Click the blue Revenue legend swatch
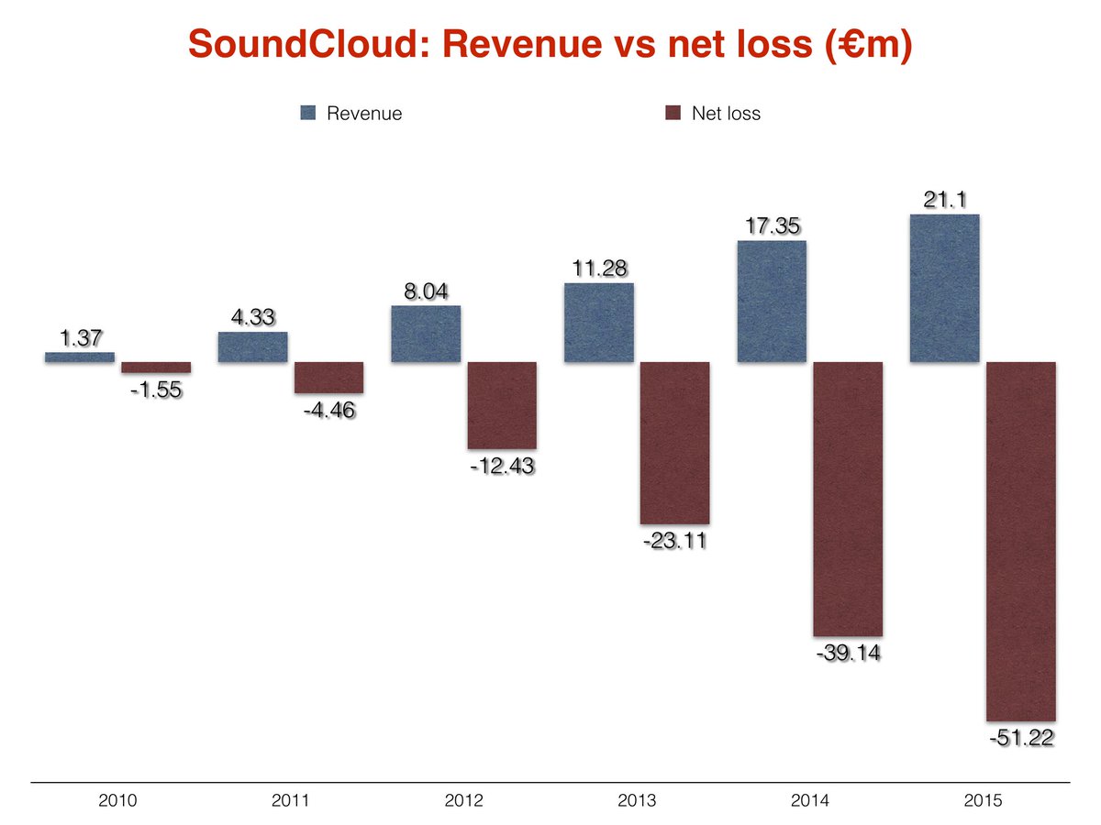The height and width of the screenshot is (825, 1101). point(308,114)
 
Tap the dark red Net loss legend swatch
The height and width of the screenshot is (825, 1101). point(673,114)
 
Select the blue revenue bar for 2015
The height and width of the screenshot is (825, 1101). point(944,289)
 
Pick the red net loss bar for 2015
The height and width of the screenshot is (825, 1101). point(1020,541)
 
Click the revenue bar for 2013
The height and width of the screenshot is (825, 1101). point(598,323)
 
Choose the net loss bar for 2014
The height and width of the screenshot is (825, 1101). point(848,499)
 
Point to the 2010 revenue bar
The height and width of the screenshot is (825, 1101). point(80,357)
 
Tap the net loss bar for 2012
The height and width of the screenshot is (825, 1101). point(502,405)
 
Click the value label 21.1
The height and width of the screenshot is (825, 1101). point(944,198)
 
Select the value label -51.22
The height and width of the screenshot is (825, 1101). point(1020,738)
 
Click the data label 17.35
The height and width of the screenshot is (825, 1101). point(772,225)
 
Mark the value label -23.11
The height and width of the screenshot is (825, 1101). point(674,541)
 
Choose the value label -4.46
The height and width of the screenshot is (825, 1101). point(328,410)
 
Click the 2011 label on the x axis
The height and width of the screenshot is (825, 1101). point(290,801)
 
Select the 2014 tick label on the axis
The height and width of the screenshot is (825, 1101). point(809,801)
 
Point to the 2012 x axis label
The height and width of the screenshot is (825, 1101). point(463,801)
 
